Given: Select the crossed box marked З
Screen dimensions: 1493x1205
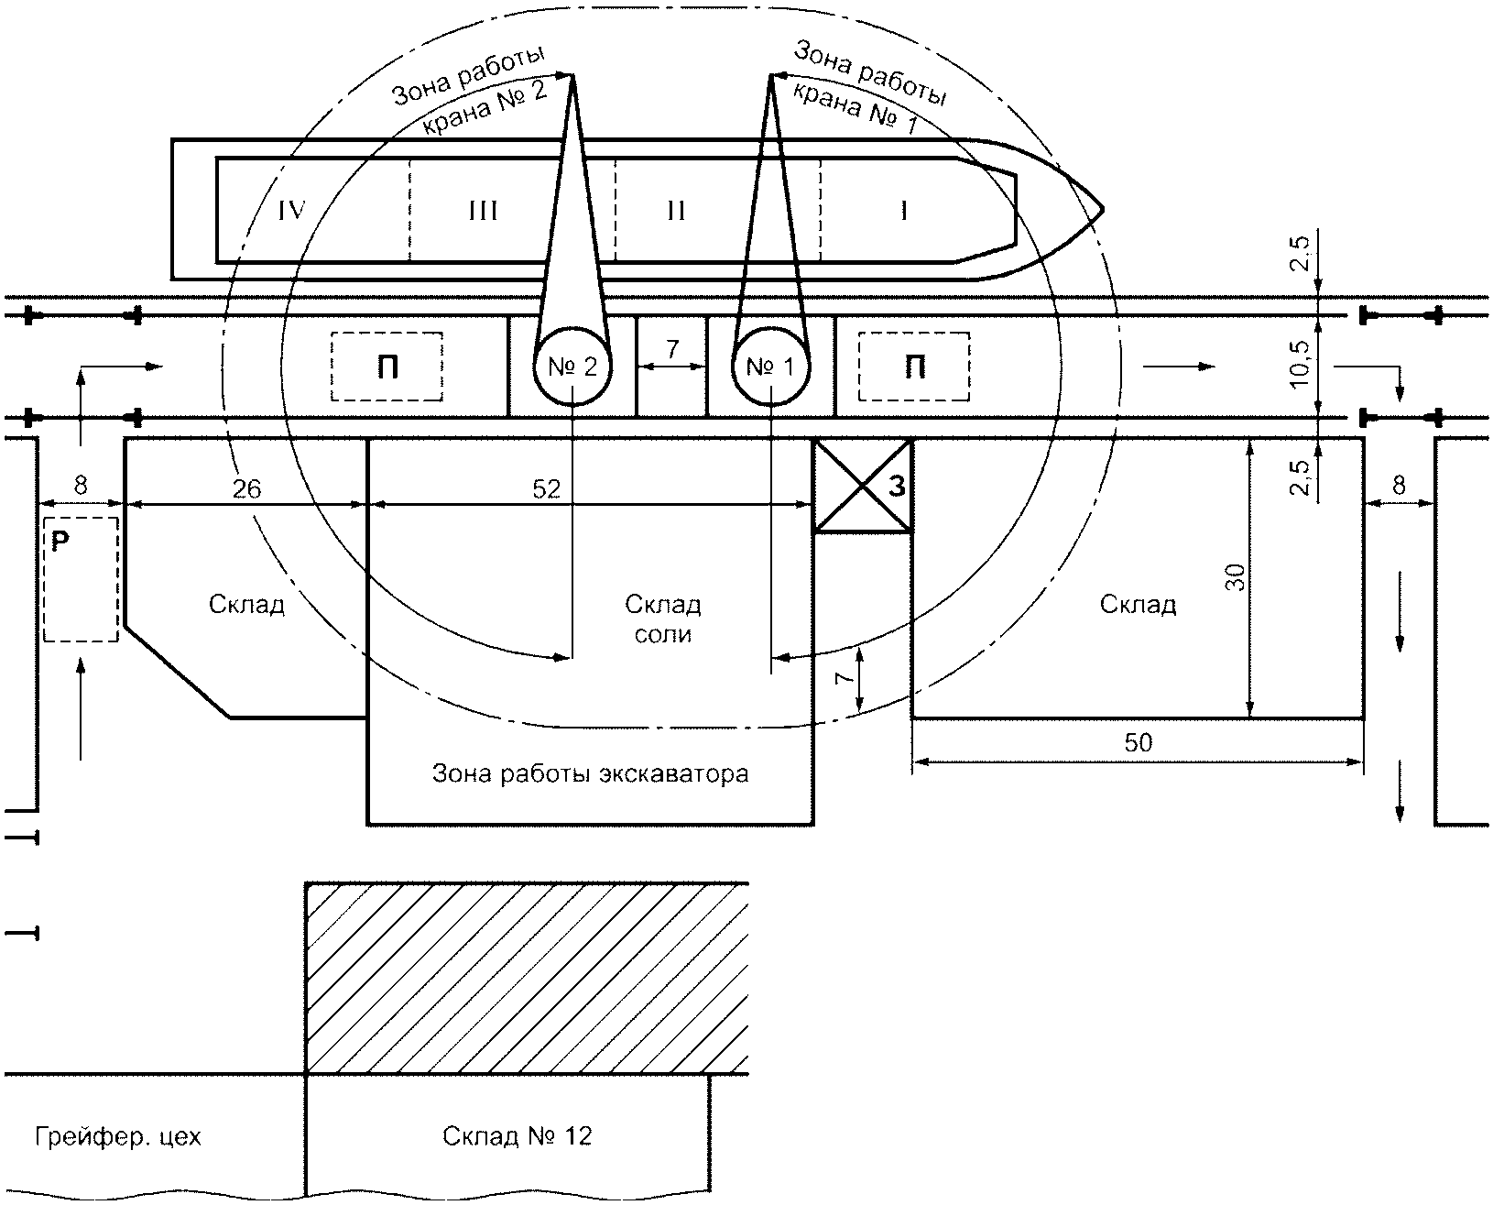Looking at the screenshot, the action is click(862, 486).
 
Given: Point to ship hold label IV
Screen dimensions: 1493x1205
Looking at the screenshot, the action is click(292, 210).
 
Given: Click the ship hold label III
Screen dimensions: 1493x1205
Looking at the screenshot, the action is click(483, 210).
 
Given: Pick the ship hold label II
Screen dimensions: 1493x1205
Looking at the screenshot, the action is click(676, 210).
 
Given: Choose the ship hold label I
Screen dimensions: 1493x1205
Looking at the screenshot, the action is click(903, 210).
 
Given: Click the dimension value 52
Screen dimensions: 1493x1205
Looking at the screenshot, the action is click(546, 489).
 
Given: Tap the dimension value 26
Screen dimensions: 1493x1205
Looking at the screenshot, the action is click(246, 489).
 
